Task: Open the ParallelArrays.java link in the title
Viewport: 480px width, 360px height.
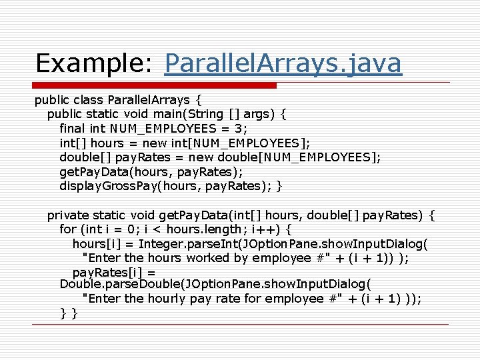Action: [x=283, y=63]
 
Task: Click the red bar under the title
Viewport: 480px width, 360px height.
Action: [x=156, y=85]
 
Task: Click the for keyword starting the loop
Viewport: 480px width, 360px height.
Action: [x=68, y=229]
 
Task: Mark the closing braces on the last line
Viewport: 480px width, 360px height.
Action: [x=69, y=313]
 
